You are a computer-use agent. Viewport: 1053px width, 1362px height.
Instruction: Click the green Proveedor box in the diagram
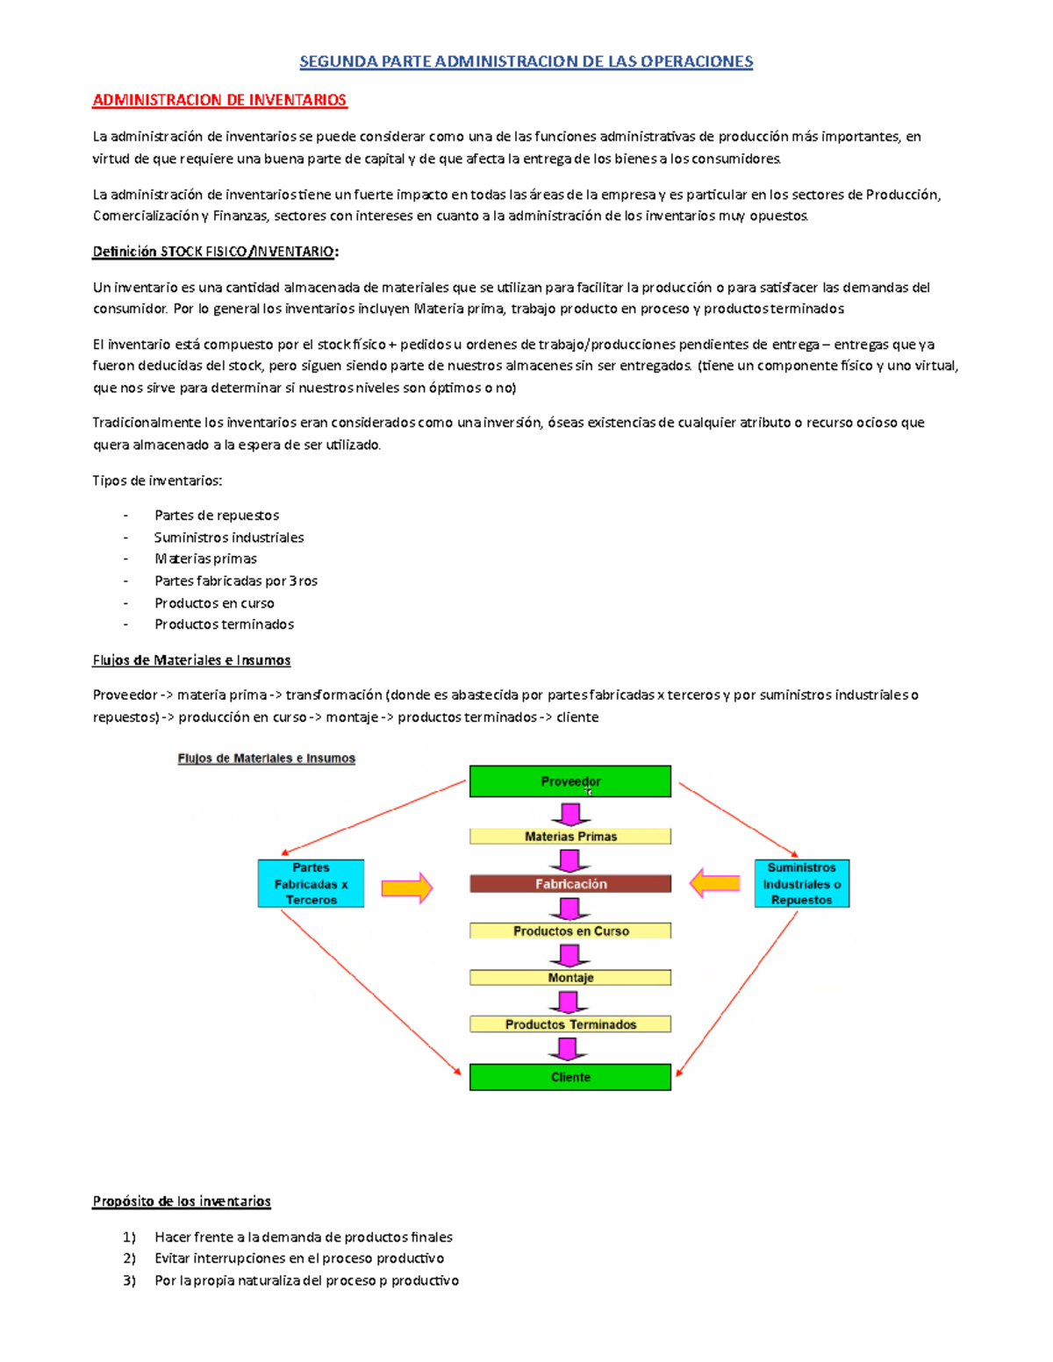click(x=570, y=781)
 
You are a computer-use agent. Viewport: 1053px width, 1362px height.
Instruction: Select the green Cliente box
click(x=570, y=1077)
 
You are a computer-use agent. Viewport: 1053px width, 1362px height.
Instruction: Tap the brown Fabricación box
click(x=570, y=884)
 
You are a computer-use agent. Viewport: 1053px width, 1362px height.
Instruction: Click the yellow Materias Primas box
click(x=570, y=837)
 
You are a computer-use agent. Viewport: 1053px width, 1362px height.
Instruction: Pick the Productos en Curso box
click(x=570, y=931)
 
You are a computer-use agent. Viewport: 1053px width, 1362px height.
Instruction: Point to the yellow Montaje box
click(x=570, y=978)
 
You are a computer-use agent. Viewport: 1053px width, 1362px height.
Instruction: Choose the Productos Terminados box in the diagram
click(x=570, y=1024)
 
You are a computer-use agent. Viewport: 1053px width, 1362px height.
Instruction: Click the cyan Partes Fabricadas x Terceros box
click(x=311, y=884)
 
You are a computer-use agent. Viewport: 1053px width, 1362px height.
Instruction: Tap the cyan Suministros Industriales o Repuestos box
click(x=801, y=884)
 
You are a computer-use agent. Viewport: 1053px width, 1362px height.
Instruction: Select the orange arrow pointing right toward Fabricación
click(x=407, y=888)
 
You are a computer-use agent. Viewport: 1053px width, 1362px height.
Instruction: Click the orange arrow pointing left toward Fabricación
click(x=715, y=883)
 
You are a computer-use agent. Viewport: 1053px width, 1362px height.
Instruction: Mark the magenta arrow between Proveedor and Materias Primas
click(x=570, y=815)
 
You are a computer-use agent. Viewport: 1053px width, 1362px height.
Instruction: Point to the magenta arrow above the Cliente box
click(x=568, y=1049)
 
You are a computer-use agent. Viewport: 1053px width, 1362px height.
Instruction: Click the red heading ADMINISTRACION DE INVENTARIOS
click(x=219, y=100)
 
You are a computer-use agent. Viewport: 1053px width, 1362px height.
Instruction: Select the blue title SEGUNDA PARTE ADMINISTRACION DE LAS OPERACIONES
click(x=526, y=61)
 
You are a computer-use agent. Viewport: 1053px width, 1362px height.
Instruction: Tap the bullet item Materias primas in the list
click(x=205, y=559)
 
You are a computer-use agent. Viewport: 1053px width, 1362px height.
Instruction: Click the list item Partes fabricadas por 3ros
click(x=235, y=581)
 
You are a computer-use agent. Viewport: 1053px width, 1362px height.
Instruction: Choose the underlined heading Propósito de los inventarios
click(x=182, y=1202)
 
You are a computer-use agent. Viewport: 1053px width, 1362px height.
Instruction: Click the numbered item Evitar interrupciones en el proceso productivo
click(x=298, y=1259)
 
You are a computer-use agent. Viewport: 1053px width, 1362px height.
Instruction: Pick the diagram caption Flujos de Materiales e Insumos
click(x=266, y=759)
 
